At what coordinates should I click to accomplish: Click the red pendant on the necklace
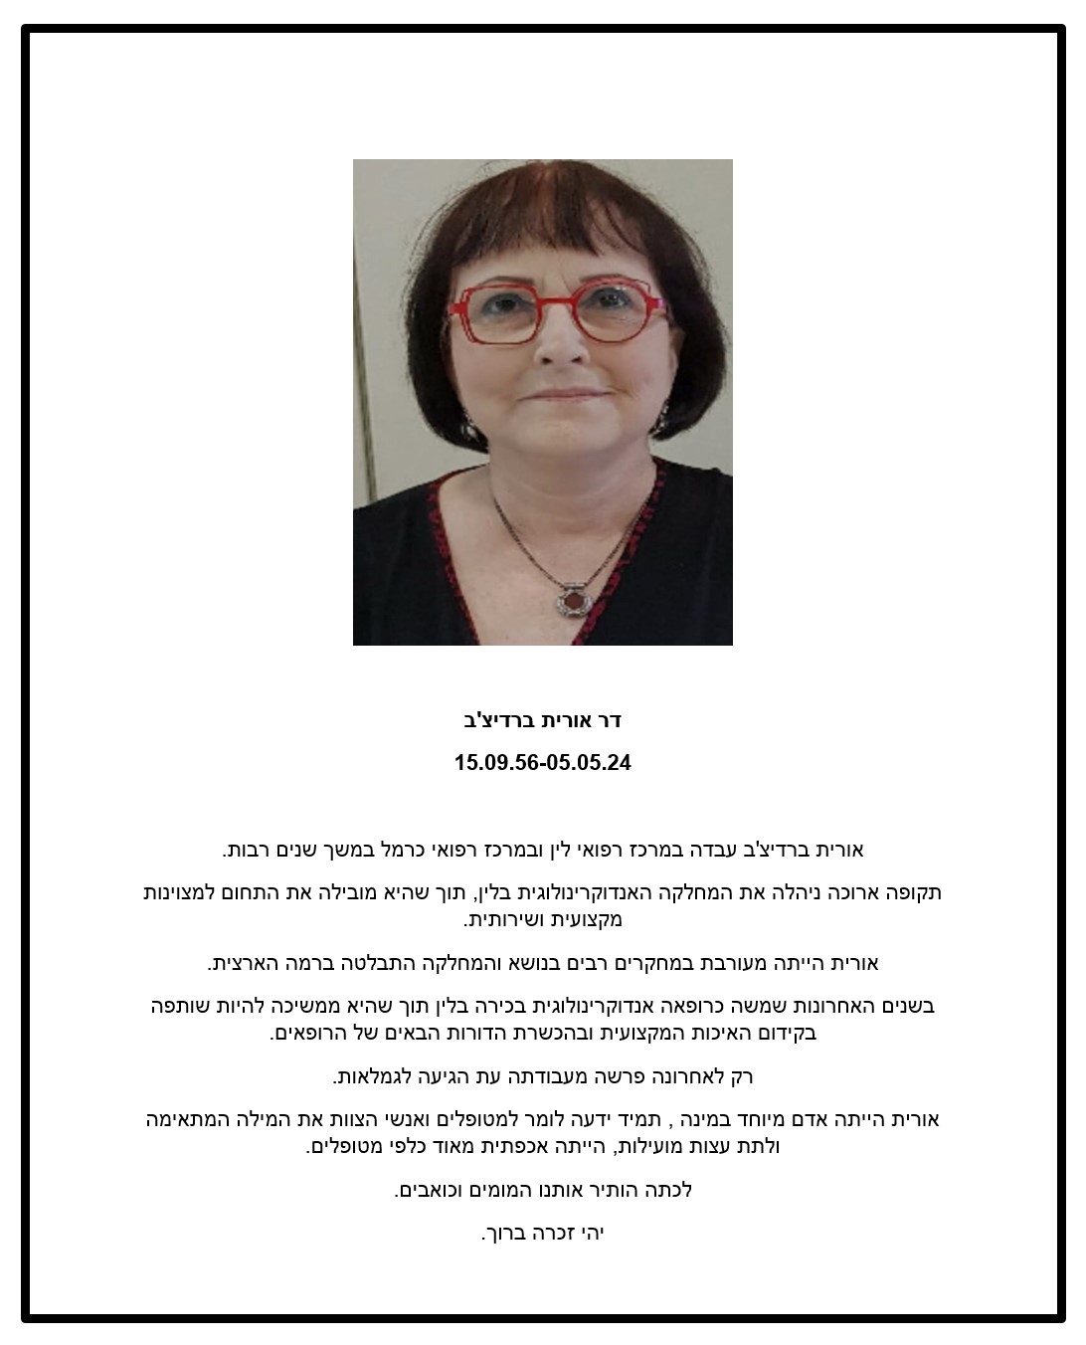[x=574, y=601]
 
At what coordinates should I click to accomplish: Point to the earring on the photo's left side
[x=466, y=428]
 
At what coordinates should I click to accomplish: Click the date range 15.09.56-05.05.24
[x=542, y=763]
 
